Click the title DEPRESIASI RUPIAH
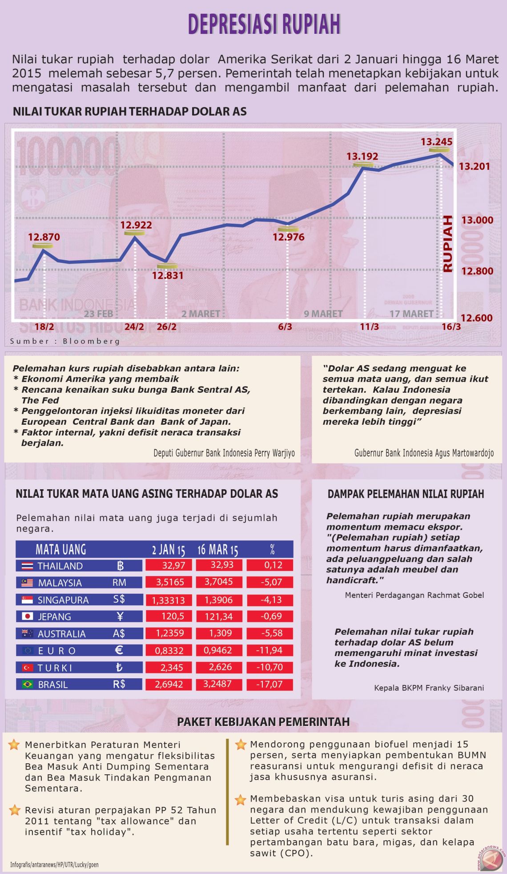[264, 24]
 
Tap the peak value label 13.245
[436, 142]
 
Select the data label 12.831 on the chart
[167, 275]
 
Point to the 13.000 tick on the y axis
[477, 220]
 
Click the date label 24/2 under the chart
[134, 327]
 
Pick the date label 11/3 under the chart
[369, 327]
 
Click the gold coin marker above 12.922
[134, 233]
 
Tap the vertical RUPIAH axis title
[448, 243]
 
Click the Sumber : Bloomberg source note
[65, 341]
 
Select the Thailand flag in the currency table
[27, 566]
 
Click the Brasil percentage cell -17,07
[270, 684]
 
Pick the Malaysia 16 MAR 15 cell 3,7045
[218, 582]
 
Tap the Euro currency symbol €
[119, 650]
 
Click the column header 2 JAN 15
[168, 550]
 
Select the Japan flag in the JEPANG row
[27, 616]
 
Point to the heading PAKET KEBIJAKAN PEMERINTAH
[263, 722]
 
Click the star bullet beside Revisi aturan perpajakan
[15, 810]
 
